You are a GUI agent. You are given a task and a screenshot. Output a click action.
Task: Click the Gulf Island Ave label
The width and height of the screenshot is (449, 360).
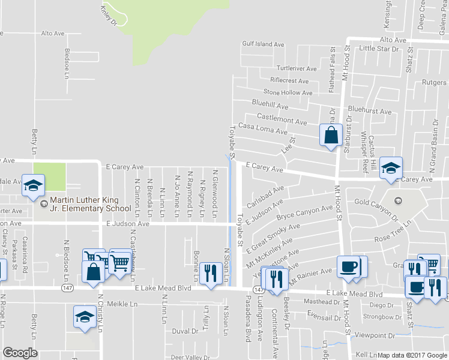click(x=262, y=44)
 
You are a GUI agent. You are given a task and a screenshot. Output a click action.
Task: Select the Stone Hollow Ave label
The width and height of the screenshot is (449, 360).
click(x=288, y=93)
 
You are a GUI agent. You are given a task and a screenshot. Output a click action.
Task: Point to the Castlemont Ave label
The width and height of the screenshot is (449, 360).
click(x=282, y=118)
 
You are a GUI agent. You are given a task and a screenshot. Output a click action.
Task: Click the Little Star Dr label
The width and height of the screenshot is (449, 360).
click(x=378, y=48)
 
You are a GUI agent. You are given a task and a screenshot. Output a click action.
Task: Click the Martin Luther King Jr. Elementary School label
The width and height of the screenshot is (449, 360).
click(x=91, y=205)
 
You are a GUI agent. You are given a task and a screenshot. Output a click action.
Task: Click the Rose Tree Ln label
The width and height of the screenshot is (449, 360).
click(x=392, y=231)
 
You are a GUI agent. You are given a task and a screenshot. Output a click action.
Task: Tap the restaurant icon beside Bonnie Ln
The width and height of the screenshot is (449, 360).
click(x=209, y=274)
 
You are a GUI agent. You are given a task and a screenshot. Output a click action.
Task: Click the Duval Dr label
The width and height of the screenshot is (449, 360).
click(x=185, y=331)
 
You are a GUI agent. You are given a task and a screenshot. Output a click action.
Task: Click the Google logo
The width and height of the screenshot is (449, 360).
click(x=20, y=353)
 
